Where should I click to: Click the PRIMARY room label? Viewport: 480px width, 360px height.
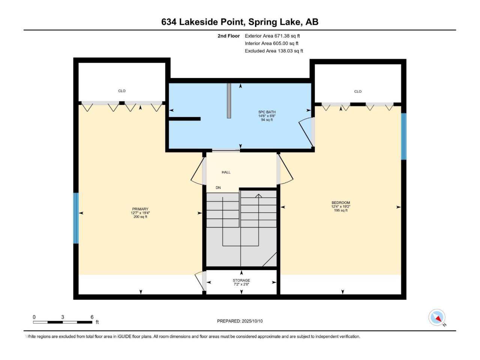(x=140, y=209)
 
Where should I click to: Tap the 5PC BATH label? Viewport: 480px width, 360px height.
(x=267, y=112)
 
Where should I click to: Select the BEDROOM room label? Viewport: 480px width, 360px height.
(x=341, y=202)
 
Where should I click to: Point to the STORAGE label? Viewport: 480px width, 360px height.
(x=241, y=280)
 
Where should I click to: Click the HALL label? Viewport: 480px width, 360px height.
(x=226, y=172)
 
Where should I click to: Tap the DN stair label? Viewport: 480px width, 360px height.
(x=218, y=188)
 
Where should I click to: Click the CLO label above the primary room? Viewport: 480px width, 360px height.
(x=122, y=91)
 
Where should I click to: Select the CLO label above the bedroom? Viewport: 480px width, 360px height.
(x=358, y=91)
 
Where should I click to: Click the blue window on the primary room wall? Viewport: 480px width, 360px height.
(x=76, y=218)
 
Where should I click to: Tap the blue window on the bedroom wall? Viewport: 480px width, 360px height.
(x=403, y=136)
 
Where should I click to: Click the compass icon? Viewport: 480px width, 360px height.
(x=436, y=318)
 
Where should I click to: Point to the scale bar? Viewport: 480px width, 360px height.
(x=63, y=322)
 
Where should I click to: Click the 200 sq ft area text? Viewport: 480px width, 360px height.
(x=140, y=217)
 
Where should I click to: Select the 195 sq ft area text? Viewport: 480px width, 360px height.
(x=341, y=210)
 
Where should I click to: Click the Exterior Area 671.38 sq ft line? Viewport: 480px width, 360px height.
(x=272, y=36)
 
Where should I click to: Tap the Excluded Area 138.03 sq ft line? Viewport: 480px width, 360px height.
(x=274, y=51)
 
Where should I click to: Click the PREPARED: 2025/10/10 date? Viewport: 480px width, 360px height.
(x=240, y=321)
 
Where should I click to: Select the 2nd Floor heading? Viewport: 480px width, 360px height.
(x=228, y=36)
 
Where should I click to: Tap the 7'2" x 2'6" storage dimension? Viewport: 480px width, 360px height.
(x=241, y=284)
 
